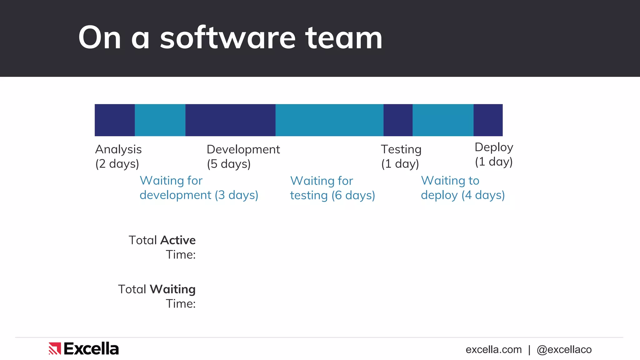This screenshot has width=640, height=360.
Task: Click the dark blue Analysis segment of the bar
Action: click(x=115, y=120)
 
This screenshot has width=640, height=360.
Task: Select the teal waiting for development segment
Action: click(x=160, y=120)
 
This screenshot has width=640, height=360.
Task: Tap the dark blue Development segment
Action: click(x=230, y=120)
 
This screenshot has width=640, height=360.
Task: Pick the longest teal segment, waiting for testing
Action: click(x=329, y=120)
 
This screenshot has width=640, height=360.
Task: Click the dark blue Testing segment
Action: click(x=398, y=120)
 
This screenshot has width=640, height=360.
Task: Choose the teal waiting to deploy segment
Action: click(x=443, y=120)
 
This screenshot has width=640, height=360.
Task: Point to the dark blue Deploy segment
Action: click(x=488, y=120)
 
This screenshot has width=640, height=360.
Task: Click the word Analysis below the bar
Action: click(x=118, y=150)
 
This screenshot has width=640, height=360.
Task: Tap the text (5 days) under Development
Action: click(x=229, y=164)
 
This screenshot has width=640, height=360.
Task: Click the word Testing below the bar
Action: click(x=401, y=150)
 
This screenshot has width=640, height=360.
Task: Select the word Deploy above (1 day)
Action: click(x=494, y=147)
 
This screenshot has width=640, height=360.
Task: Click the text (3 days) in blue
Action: click(x=237, y=195)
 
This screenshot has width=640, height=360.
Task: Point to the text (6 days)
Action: click(x=353, y=196)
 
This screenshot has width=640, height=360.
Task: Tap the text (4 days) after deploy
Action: click(x=483, y=195)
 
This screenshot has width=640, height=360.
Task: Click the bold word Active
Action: click(x=178, y=240)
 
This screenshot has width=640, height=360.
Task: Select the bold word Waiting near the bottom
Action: click(x=172, y=289)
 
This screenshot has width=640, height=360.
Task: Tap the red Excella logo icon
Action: click(x=55, y=348)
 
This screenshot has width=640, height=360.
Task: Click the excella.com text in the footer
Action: click(x=493, y=350)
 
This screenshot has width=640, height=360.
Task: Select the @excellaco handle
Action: click(x=564, y=350)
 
